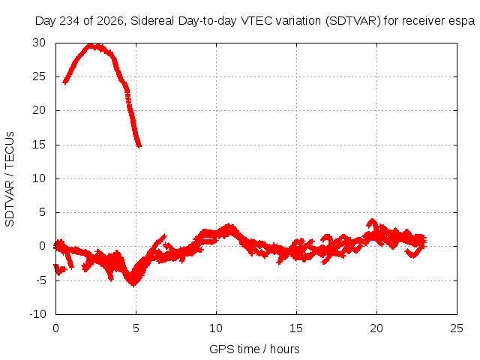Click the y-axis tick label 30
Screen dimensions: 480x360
tap(39, 43)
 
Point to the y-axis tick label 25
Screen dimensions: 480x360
tap(39, 76)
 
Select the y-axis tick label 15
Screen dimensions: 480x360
tap(39, 145)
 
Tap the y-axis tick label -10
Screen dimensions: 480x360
tap(37, 314)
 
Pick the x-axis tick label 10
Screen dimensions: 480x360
tap(216, 328)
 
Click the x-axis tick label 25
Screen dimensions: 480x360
tap(457, 328)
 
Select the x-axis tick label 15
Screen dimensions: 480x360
tap(296, 328)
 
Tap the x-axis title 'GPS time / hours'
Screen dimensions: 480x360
tap(254, 349)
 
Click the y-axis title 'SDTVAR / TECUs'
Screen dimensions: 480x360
tap(10, 179)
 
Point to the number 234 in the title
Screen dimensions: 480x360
tap(69, 21)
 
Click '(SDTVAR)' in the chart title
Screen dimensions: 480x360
tap(352, 21)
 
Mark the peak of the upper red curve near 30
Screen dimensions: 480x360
tap(91, 46)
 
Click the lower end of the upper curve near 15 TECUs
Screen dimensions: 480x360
tap(139, 146)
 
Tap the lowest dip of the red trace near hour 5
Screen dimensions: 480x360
tap(133, 284)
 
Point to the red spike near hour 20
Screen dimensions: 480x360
tap(372, 220)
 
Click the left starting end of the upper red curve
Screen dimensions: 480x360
tap(64, 82)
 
